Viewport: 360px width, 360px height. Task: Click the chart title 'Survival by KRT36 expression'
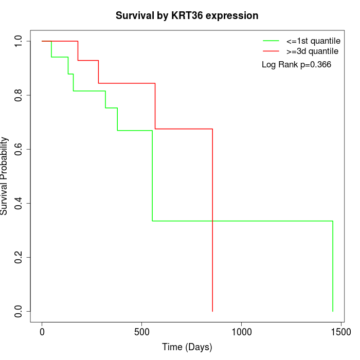point(187,15)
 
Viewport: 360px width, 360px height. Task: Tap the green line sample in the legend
point(271,41)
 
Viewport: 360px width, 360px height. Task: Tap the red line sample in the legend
point(271,51)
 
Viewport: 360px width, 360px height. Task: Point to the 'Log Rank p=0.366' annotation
point(297,65)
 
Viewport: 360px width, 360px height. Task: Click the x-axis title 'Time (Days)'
point(187,347)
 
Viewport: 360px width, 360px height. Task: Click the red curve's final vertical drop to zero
point(212,221)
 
